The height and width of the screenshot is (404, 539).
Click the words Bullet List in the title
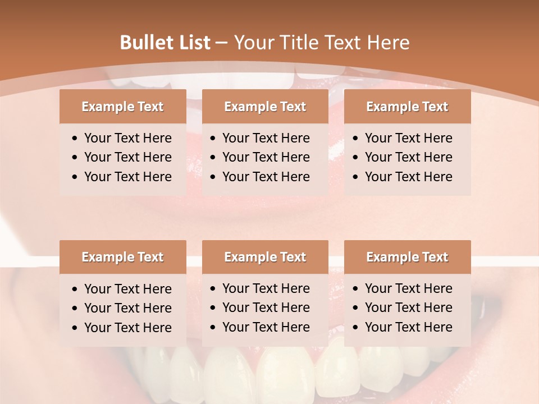[165, 43]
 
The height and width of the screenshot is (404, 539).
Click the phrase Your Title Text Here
[322, 43]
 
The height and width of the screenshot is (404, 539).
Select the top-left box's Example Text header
[122, 107]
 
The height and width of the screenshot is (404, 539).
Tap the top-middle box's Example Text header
[265, 107]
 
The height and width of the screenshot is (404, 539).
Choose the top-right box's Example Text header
[407, 107]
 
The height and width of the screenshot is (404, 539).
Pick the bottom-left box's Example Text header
[122, 257]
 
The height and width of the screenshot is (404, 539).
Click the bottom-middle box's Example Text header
[265, 257]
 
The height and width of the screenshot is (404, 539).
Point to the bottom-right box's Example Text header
[407, 257]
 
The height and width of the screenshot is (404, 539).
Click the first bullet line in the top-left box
[127, 138]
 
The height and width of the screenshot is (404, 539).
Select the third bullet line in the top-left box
[127, 177]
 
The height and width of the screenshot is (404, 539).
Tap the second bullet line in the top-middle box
[266, 157]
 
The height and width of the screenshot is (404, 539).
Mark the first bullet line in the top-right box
[408, 138]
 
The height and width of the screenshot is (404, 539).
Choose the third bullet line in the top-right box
[408, 177]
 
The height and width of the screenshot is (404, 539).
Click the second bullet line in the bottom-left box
[127, 308]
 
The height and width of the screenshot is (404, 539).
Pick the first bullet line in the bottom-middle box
[266, 288]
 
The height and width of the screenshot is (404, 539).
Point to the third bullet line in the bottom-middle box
[266, 327]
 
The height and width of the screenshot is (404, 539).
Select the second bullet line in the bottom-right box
[408, 307]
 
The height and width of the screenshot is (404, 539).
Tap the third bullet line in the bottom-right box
[408, 327]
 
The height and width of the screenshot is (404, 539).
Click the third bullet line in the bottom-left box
[127, 328]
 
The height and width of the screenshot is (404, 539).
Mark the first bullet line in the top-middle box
[266, 138]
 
